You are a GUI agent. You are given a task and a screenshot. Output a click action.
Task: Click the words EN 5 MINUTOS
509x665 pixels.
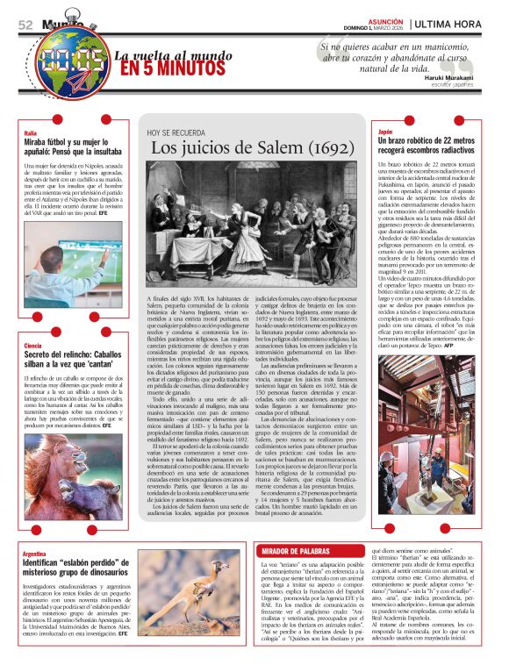pyautogui.click(x=167, y=68)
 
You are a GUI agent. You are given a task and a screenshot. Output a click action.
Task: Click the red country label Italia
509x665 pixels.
pyautogui.click(x=31, y=132)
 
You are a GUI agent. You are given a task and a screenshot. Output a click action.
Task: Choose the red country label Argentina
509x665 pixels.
pyautogui.click(x=36, y=554)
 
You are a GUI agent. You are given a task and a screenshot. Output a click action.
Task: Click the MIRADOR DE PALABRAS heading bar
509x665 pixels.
pyautogui.click(x=298, y=526)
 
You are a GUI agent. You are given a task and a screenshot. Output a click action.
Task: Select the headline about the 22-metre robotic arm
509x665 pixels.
pyautogui.click(x=427, y=147)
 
